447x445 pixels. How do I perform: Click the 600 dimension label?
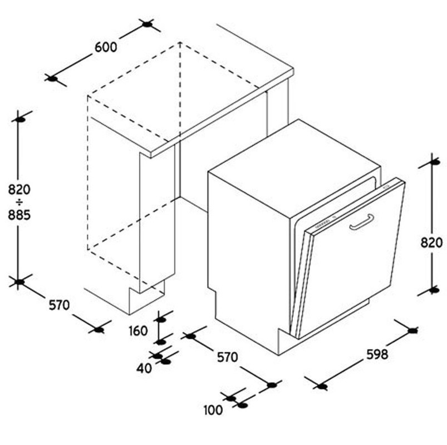pyautogui.click(x=106, y=47)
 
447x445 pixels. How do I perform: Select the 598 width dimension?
pyautogui.click(x=377, y=354)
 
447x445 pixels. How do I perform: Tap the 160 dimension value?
pyautogui.click(x=138, y=331)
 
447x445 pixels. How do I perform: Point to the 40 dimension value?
pyautogui.click(x=144, y=369)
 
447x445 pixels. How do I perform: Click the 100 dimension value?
pyautogui.click(x=213, y=411)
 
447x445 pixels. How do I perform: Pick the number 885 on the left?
pyautogui.click(x=19, y=215)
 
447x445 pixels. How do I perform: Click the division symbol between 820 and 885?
pyautogui.click(x=19, y=202)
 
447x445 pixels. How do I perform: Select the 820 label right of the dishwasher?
pyautogui.click(x=431, y=243)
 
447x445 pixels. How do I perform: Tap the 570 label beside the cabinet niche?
pyautogui.click(x=60, y=305)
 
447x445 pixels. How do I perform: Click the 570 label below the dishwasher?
pyautogui.click(x=227, y=357)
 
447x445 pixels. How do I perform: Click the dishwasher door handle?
pyautogui.click(x=362, y=222)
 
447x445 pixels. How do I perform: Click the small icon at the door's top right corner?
pyautogui.click(x=387, y=188)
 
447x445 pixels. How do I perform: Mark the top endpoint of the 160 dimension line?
pyautogui.click(x=161, y=320)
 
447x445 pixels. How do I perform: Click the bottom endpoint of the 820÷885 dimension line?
pyautogui.click(x=19, y=282)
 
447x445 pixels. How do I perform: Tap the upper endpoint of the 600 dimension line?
pyautogui.click(x=147, y=24)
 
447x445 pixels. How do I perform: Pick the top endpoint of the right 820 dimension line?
pyautogui.click(x=434, y=162)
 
